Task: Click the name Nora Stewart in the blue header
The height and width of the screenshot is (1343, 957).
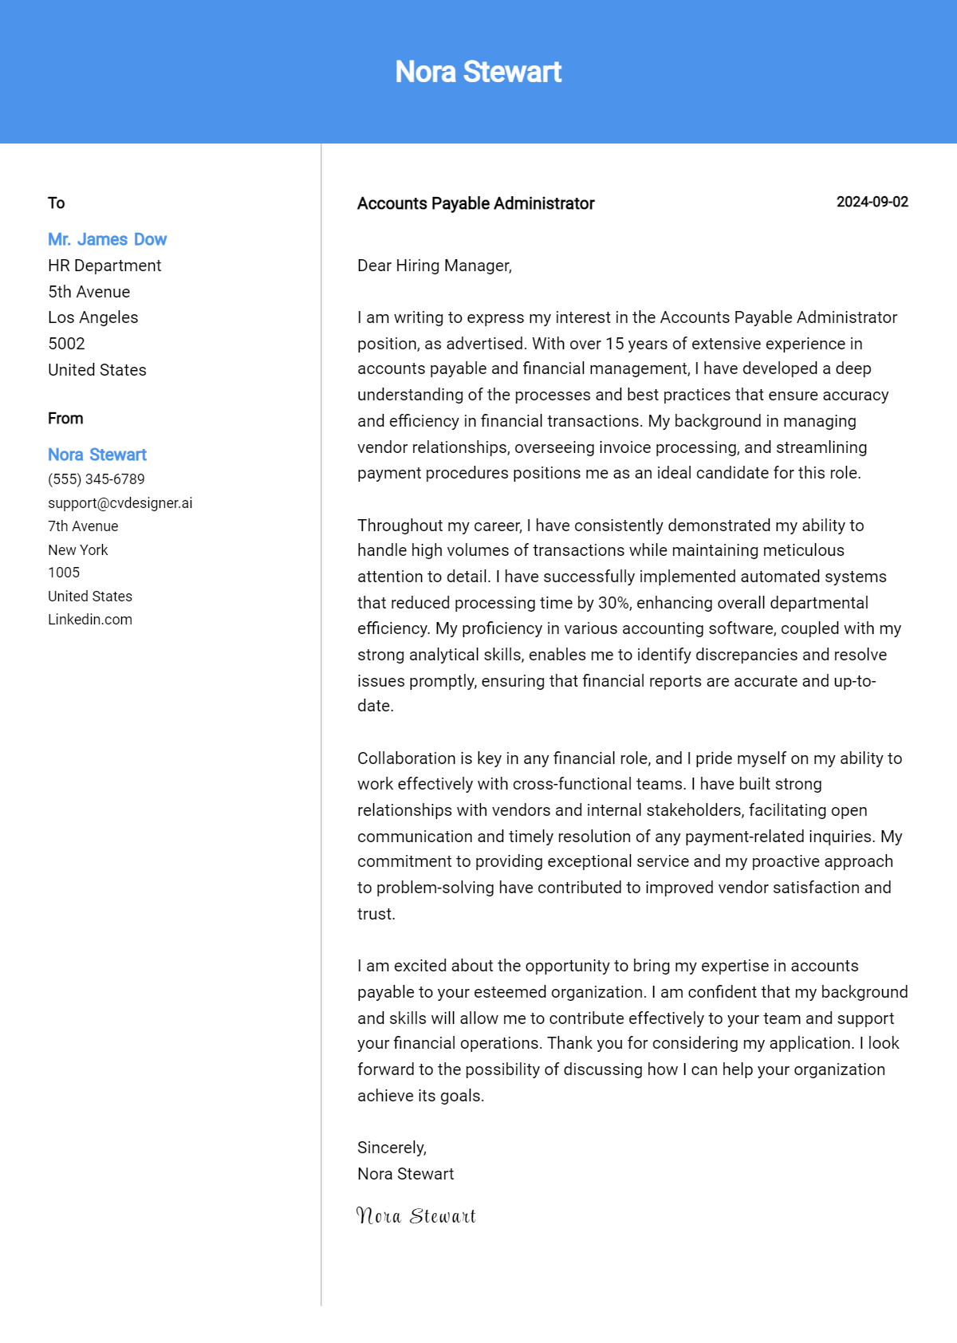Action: pos(478,72)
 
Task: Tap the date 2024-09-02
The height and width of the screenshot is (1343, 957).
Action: pos(872,202)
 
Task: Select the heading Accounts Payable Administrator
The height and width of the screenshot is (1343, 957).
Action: pos(475,203)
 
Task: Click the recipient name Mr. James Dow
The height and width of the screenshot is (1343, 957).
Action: pos(107,239)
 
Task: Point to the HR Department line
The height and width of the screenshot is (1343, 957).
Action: pos(104,266)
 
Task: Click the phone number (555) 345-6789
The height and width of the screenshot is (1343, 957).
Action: pos(96,479)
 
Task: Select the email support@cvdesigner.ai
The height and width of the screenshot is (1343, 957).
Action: pos(120,503)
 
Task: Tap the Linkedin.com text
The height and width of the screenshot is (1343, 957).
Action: pos(90,620)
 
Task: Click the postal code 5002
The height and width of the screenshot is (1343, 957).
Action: pos(66,344)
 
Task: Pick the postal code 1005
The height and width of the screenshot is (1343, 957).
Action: pos(64,573)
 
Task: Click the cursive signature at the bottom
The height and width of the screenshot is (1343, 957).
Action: pos(415,1216)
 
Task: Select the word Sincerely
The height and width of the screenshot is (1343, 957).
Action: pos(391,1148)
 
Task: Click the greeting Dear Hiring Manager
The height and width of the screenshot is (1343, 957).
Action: pos(434,266)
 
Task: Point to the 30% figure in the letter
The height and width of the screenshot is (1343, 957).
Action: pos(613,603)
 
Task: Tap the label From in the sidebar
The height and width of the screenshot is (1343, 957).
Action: pos(65,419)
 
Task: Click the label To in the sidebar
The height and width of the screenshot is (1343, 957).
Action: pos(56,203)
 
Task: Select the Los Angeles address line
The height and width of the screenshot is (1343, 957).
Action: pos(93,317)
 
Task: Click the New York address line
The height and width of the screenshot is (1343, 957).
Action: pos(77,550)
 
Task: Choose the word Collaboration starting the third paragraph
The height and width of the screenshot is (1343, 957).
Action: pos(406,758)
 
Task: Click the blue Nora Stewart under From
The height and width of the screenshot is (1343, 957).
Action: pos(97,455)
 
